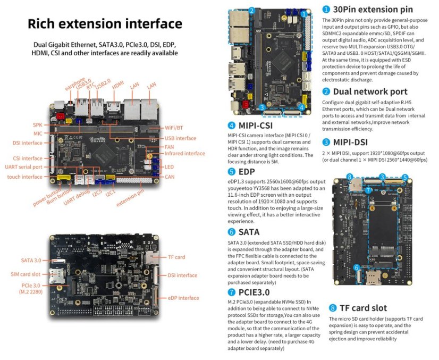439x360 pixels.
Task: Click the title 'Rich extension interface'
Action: click(105, 24)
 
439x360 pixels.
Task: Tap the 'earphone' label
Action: click(75, 83)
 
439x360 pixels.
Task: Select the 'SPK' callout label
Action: click(38, 125)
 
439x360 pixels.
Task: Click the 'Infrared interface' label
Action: click(184, 154)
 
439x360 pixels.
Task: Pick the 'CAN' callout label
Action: click(170, 176)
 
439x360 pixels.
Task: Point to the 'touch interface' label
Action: click(24, 176)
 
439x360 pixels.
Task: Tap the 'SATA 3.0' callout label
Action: click(31, 261)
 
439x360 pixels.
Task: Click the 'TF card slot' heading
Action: click(364, 308)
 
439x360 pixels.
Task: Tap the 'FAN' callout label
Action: click(169, 146)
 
